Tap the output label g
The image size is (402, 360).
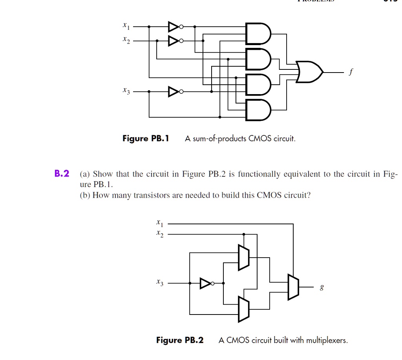pyautogui.click(x=322, y=288)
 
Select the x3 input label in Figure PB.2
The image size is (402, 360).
pyautogui.click(x=159, y=282)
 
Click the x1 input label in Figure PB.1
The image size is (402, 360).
pyautogui.click(x=125, y=26)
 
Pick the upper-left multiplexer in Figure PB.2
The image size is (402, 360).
pyautogui.click(x=244, y=257)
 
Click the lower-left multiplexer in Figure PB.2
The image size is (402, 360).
pyautogui.click(x=244, y=309)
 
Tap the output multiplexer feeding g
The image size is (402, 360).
pyautogui.click(x=293, y=287)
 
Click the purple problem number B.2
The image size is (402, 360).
pyautogui.click(x=62, y=174)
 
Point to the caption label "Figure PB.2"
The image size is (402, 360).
pyautogui.click(x=180, y=340)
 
